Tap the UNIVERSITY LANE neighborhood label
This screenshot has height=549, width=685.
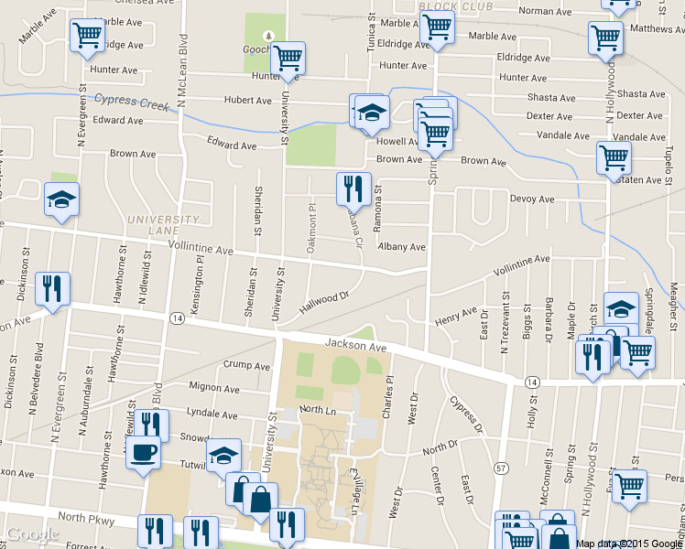pos(163,225)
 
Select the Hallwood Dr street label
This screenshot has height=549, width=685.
pos(325,303)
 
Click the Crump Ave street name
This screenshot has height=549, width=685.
pos(246,366)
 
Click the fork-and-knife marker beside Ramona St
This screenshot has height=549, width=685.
pos(353,189)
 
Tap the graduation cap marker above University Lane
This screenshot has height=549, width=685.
pos(61,200)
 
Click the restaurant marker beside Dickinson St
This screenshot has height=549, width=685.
pos(52,288)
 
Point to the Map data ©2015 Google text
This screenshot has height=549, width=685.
pos(628,544)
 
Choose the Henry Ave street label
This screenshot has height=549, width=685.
pos(457,317)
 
